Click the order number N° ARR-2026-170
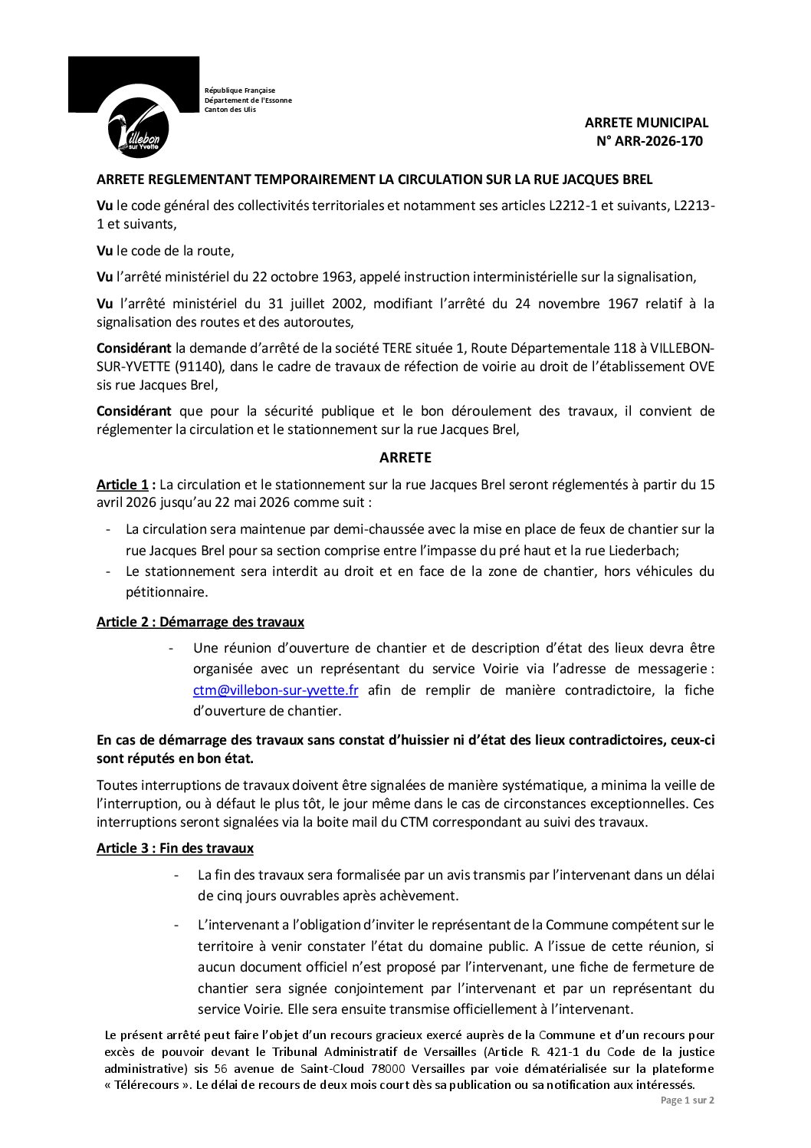[649, 141]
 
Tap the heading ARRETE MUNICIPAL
[646, 123]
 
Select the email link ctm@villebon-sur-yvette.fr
[276, 690]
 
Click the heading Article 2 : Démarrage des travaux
[200, 622]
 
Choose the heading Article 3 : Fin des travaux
[175, 848]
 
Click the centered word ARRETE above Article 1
[405, 458]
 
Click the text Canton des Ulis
[230, 110]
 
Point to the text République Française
[240, 90]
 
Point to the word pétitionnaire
[166, 592]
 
